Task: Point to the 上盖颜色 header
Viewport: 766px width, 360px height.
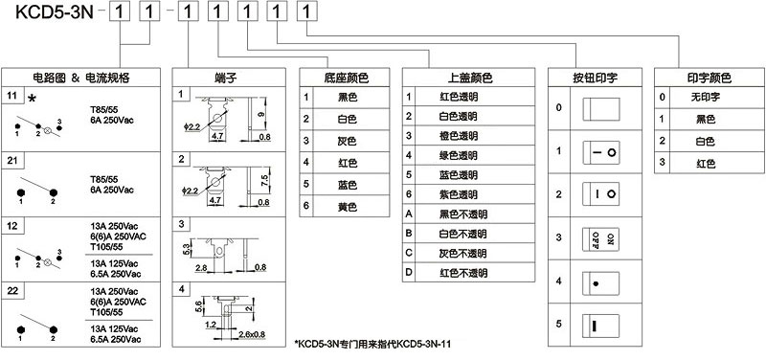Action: click(468, 77)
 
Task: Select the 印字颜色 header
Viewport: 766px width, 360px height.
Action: click(708, 77)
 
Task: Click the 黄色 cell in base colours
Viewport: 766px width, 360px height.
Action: click(347, 206)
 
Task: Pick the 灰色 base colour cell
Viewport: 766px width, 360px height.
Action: click(347, 140)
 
